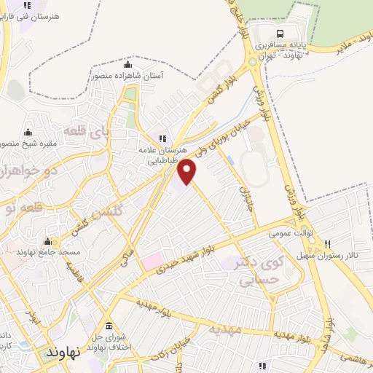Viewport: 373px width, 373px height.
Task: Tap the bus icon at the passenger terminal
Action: pos(280,34)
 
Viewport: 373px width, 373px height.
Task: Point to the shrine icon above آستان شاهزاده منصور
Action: pos(128,64)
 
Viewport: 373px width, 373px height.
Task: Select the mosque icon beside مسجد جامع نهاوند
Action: pos(49,242)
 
